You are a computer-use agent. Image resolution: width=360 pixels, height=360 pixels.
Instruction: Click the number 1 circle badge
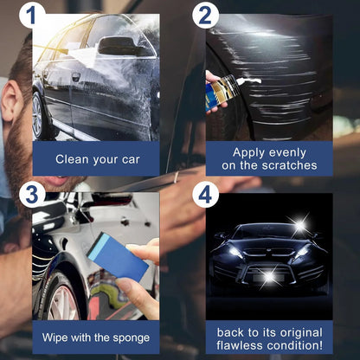click(32, 16)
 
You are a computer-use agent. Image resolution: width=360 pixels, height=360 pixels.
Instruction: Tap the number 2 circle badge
click(205, 16)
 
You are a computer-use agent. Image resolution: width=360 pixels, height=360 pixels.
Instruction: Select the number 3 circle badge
click(32, 194)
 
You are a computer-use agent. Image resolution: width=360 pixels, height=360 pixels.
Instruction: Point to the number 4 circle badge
click(205, 194)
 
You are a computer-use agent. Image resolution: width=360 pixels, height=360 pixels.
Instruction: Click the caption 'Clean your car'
click(96, 159)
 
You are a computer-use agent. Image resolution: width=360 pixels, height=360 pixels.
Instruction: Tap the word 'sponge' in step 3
click(129, 337)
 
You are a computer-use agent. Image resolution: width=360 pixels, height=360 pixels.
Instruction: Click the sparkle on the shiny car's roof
click(299, 227)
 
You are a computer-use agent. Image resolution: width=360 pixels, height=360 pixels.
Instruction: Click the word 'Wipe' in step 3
click(58, 337)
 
